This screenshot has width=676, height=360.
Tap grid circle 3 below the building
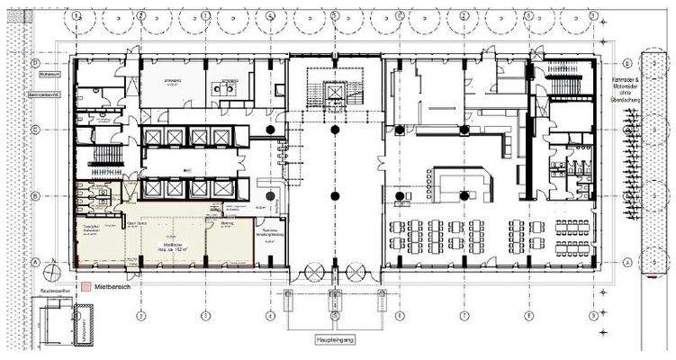tap(205, 316)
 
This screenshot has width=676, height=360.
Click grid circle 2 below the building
tap(141, 316)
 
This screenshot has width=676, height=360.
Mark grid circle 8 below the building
tap(525, 316)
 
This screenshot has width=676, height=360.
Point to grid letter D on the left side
tap(34, 63)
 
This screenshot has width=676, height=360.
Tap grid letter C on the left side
tap(34, 129)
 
